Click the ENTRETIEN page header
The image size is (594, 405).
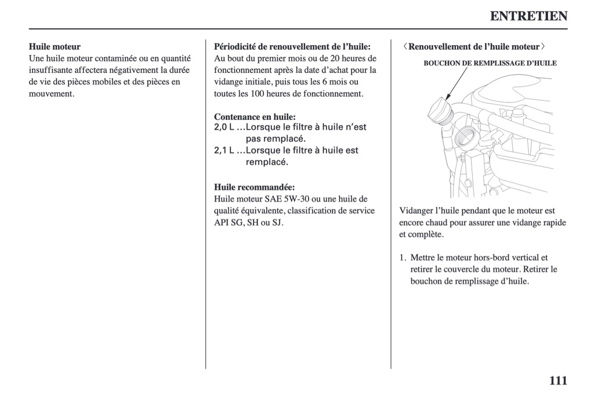point(528,16)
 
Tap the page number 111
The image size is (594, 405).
point(557,381)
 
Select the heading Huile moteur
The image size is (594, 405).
point(55,46)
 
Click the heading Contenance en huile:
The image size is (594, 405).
point(255,116)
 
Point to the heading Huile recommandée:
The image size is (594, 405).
point(254,187)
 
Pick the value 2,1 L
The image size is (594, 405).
point(224,151)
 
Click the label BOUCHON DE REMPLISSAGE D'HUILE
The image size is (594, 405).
point(490,63)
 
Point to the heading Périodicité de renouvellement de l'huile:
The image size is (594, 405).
point(292,46)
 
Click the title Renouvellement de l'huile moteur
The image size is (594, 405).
point(474,46)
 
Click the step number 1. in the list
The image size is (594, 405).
point(403,258)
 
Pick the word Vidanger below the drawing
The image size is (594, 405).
point(418,211)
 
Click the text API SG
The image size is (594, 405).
point(229,222)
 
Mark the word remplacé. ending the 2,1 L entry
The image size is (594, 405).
point(267,162)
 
